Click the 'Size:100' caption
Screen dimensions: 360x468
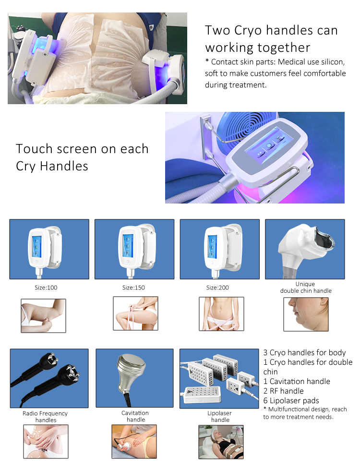point(46,288)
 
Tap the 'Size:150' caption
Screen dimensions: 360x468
point(133,288)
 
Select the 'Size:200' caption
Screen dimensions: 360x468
point(217,288)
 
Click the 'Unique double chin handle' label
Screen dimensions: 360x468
point(306,288)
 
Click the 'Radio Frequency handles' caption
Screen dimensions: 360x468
point(45,417)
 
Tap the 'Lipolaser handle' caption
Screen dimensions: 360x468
point(220,416)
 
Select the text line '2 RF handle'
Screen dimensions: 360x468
point(283,391)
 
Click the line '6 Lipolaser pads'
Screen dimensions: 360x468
point(291,400)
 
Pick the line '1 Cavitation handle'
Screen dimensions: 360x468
point(297,382)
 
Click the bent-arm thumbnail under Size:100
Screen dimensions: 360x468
point(43,316)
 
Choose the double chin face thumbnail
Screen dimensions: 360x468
point(306,314)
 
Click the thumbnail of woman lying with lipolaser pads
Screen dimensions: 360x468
point(221,442)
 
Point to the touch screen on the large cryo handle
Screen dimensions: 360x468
point(265,145)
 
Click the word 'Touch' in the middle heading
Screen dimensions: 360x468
point(35,149)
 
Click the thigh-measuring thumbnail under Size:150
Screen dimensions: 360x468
point(135,313)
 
